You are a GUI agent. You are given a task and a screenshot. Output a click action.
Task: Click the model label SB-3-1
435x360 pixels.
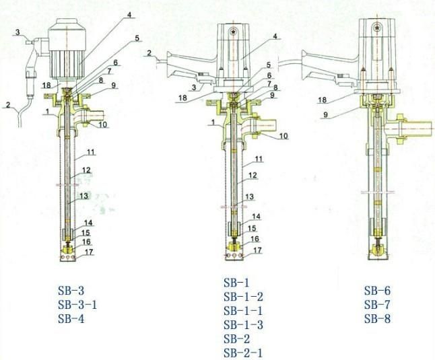(x=77, y=305)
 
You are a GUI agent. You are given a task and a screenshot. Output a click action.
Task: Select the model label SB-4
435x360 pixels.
(x=71, y=319)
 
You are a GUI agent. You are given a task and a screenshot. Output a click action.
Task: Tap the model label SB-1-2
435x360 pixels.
(x=243, y=297)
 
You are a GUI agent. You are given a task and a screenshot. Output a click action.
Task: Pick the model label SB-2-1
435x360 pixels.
(x=243, y=353)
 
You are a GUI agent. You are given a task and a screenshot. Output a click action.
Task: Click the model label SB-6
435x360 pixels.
(x=377, y=291)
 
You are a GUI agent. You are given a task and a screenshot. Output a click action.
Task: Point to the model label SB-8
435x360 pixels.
(x=377, y=319)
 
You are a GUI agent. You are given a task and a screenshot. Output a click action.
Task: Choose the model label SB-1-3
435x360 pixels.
(x=243, y=324)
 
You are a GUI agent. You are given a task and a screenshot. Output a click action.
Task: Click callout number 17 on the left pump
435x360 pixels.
(x=89, y=252)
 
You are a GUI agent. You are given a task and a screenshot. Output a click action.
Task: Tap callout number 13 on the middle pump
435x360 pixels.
(x=249, y=196)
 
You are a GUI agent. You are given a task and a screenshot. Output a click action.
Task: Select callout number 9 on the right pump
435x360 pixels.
(x=327, y=114)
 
